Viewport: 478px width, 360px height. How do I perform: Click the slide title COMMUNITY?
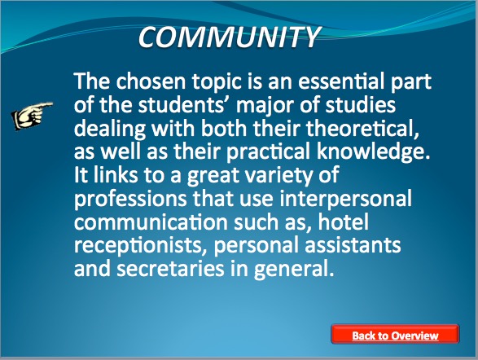[x=230, y=37]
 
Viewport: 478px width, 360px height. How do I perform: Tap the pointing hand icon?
[x=33, y=116]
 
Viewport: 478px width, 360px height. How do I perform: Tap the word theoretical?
[x=362, y=129]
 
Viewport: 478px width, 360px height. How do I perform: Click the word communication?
[x=151, y=222]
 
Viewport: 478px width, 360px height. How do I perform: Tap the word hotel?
[x=344, y=222]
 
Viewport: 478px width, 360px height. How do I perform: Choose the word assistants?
[x=353, y=246]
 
